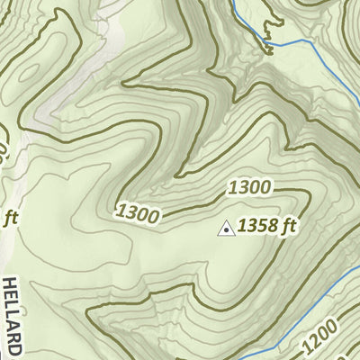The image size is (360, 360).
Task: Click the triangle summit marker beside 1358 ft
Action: [x=227, y=229]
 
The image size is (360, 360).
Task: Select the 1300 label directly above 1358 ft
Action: [x=249, y=188]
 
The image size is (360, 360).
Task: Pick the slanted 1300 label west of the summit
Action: [x=138, y=214]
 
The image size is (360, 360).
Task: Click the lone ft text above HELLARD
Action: [x=10, y=217]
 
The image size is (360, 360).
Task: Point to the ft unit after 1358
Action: [x=287, y=227]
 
